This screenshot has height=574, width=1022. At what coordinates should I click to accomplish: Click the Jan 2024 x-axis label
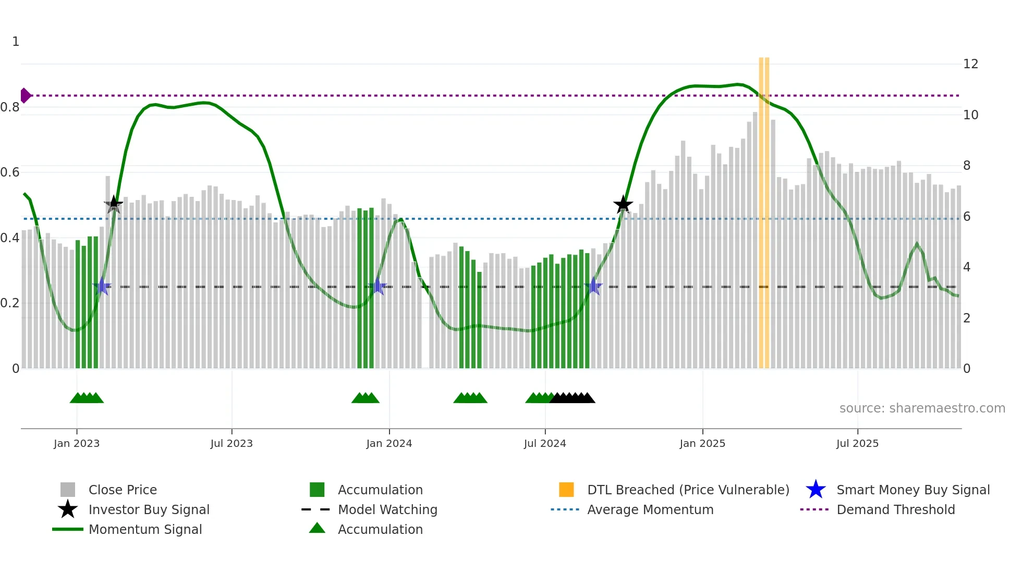(389, 443)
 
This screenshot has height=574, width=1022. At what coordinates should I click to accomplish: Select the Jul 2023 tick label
(232, 443)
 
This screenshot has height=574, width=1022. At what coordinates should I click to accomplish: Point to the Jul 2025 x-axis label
(857, 443)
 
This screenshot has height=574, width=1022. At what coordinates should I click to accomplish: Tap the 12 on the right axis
(970, 64)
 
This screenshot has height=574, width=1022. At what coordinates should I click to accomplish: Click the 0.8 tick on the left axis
(10, 107)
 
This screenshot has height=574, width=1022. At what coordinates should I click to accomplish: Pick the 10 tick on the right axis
(970, 115)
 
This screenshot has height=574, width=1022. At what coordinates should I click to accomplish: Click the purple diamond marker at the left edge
(25, 96)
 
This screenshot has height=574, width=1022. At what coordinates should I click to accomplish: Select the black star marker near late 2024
(623, 205)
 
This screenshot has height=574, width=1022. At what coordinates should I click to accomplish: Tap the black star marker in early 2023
(114, 204)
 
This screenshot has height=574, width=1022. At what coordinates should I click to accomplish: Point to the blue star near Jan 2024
(378, 286)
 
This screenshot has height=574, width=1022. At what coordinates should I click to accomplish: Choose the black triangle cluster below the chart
(573, 398)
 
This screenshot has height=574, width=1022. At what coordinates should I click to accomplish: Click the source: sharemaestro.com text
(922, 408)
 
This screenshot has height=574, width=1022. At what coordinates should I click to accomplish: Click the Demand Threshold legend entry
(895, 509)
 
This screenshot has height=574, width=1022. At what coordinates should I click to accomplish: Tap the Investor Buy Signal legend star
(68, 509)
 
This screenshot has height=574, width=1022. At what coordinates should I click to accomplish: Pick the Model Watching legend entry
(387, 509)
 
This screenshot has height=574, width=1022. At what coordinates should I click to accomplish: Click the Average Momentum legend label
(650, 509)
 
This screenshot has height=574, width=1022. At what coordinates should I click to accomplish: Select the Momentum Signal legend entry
(145, 529)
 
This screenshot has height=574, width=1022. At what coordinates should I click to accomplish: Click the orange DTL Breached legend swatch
(566, 490)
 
